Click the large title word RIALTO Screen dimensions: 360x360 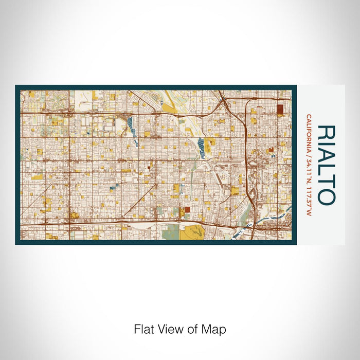point(327,165)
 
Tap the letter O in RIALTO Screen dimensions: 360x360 point(327,196)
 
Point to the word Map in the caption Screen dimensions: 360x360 point(215,329)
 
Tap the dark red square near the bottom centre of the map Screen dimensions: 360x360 point(187,210)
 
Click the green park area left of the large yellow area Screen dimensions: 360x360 point(169,233)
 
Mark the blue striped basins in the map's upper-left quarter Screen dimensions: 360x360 point(130,123)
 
